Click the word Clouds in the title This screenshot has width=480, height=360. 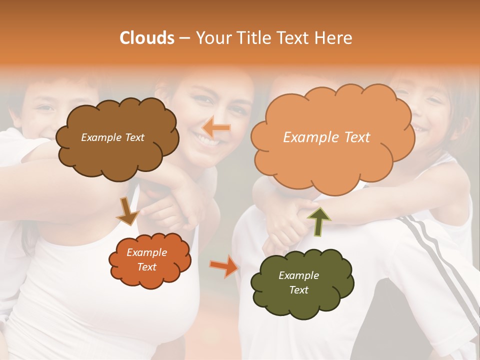point(147,38)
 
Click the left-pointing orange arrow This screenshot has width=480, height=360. point(216,128)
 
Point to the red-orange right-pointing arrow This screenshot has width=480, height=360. point(224,265)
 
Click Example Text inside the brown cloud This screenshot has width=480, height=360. point(112,137)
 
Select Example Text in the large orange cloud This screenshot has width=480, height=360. point(326,137)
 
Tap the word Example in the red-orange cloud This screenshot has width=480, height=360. point(147,252)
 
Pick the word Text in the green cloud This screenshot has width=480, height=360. point(299,290)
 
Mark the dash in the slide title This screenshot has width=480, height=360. point(184,38)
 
